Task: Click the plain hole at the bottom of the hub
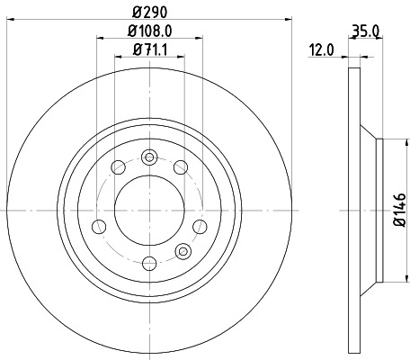150,262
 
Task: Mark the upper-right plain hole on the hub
180,166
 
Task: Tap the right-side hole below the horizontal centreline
199,224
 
